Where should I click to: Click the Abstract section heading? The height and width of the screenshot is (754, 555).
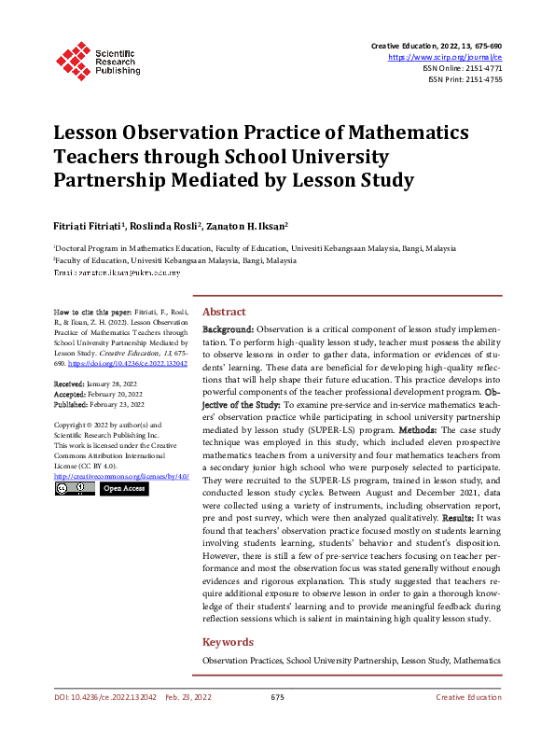224,312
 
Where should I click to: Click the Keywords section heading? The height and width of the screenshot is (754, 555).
229,642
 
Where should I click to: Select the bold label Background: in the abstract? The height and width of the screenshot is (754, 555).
229,329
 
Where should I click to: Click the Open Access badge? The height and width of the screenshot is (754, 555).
124,488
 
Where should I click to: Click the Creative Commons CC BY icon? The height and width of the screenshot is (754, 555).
75,488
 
